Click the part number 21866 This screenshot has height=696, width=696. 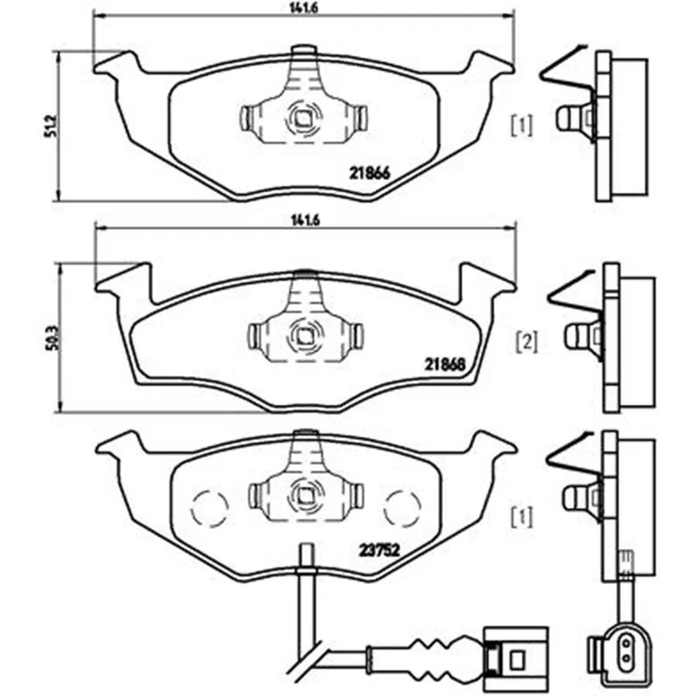(369, 172)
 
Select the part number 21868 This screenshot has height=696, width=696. (445, 365)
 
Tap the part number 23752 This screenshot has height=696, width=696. (379, 551)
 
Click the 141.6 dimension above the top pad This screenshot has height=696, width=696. (304, 8)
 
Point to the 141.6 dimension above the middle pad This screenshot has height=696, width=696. (305, 220)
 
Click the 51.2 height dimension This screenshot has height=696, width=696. (51, 125)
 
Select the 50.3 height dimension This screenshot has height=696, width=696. (52, 338)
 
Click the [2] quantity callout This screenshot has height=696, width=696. (527, 342)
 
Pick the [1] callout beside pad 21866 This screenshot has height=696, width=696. (523, 125)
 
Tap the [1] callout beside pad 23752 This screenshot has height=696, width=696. (523, 517)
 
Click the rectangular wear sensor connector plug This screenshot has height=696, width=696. (517, 657)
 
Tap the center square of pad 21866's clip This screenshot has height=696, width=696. (303, 118)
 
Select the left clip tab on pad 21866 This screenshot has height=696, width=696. (246, 118)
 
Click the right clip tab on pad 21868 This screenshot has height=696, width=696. (358, 336)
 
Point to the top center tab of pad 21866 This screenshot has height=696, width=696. (304, 50)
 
